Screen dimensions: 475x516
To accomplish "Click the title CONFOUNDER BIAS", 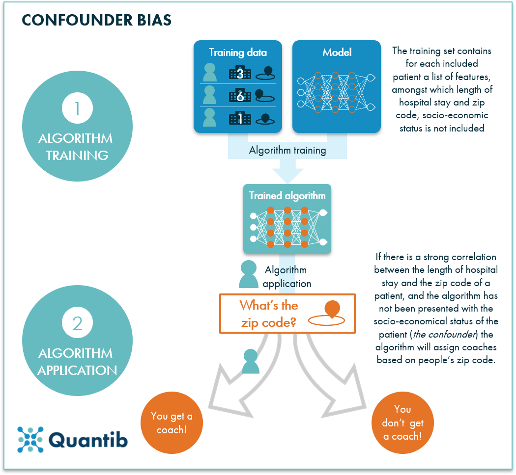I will click(x=97, y=20).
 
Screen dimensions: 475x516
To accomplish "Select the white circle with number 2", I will click(x=77, y=323).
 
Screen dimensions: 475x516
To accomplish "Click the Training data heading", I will click(x=238, y=53).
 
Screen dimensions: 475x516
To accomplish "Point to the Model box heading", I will click(x=337, y=53).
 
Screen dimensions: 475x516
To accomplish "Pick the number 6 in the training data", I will click(x=240, y=96).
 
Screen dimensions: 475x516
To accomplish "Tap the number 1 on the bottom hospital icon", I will click(x=240, y=118).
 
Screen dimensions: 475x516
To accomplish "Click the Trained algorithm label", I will click(x=287, y=196).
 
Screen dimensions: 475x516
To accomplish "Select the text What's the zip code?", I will click(x=268, y=314).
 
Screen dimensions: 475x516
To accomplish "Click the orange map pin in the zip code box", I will click(x=333, y=310).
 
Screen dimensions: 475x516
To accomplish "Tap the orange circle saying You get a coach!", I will click(x=172, y=422).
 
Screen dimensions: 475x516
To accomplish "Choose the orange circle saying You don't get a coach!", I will click(x=402, y=422).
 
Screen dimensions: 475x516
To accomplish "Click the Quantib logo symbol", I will click(x=30, y=439).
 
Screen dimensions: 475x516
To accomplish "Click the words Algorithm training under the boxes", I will click(x=287, y=150).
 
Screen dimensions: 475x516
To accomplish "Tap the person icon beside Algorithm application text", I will click(x=249, y=274).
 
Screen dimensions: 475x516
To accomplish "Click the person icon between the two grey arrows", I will click(x=251, y=362).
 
